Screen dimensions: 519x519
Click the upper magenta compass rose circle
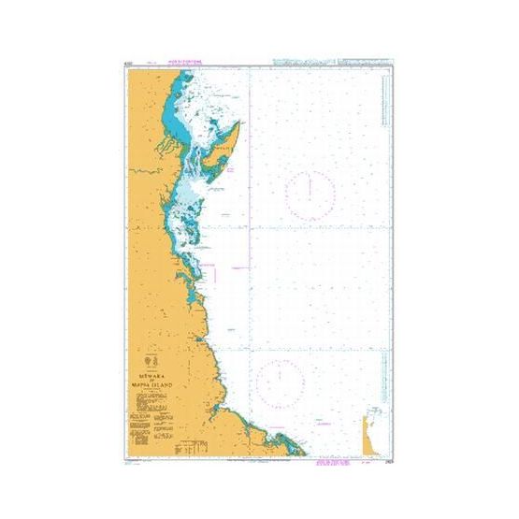310,193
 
